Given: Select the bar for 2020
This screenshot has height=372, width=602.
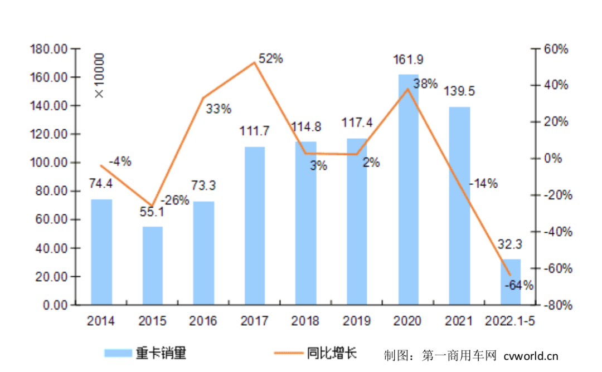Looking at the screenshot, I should [408, 189].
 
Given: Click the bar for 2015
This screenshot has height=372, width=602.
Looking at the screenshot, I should [152, 266].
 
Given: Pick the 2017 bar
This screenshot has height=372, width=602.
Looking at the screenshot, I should [255, 226].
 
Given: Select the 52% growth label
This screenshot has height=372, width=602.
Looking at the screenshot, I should [271, 58].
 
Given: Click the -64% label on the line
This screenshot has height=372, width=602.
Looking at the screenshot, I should [518, 286].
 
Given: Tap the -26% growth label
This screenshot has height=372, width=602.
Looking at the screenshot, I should [175, 200].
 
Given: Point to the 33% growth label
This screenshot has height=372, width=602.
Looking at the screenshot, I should [218, 109].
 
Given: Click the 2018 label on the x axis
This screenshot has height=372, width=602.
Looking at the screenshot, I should [306, 321].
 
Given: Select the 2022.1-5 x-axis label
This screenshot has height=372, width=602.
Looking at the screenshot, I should [511, 321].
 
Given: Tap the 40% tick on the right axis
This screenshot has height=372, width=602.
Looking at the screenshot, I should [555, 85].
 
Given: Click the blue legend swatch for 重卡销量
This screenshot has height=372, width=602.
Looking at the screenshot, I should [118, 353].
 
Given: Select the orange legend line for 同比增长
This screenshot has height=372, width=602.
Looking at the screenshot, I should [288, 353].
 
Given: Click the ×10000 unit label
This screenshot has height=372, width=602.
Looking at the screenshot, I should [99, 76].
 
